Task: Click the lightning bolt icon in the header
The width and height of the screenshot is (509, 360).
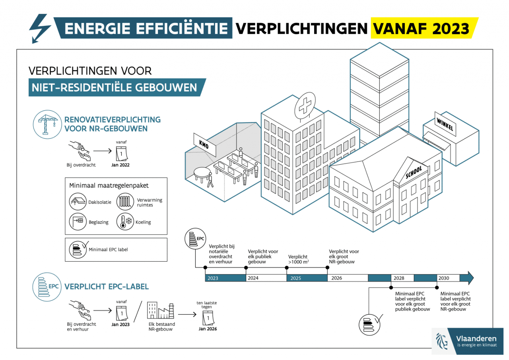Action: (x=40, y=28)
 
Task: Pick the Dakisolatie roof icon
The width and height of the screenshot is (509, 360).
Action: (x=78, y=202)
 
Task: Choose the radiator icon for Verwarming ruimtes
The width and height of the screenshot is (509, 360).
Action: (x=125, y=202)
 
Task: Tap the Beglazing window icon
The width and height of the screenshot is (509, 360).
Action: (x=78, y=221)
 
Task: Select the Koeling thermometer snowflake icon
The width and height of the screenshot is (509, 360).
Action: (x=125, y=222)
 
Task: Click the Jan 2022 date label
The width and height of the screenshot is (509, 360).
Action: (x=120, y=165)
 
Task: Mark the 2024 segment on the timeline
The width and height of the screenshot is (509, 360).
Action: (x=266, y=278)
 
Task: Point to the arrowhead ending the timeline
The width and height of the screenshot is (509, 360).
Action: (x=470, y=278)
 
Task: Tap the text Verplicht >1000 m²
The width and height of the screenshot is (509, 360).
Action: (x=299, y=259)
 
